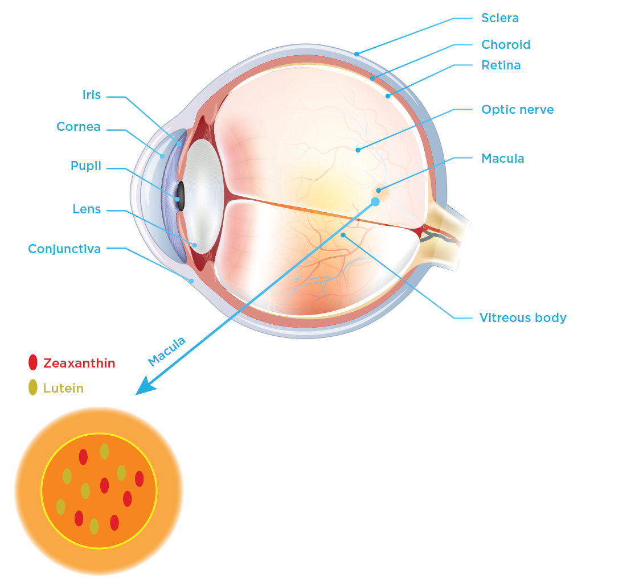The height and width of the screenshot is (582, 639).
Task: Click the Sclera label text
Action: coord(499,18)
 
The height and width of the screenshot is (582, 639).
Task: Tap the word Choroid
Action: coord(505,44)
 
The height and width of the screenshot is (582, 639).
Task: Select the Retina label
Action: coord(501,65)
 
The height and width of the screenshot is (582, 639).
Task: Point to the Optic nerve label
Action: coord(517,109)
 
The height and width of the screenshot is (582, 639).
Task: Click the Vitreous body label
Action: coord(522,317)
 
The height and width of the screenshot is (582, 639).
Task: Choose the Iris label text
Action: coord(92,95)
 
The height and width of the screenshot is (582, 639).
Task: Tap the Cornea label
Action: coord(79,127)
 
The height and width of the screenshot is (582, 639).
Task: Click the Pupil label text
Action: coord(86,166)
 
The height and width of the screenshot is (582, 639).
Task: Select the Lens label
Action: coord(87,209)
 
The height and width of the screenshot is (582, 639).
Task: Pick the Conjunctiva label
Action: coord(64,249)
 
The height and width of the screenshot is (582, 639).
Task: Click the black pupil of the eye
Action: coord(181,192)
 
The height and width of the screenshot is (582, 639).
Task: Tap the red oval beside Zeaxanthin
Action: coord(33,362)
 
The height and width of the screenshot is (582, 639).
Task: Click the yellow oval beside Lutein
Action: coord(33,387)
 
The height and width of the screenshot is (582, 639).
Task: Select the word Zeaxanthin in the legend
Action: coord(79,363)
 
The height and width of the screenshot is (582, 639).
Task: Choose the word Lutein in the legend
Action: coord(63,389)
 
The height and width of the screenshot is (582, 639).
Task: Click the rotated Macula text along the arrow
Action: coord(167,351)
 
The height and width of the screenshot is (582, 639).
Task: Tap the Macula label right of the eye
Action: coord(502,158)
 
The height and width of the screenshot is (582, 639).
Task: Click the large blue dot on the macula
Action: coord(375,202)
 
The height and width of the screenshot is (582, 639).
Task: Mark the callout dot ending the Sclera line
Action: coord(357,54)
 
